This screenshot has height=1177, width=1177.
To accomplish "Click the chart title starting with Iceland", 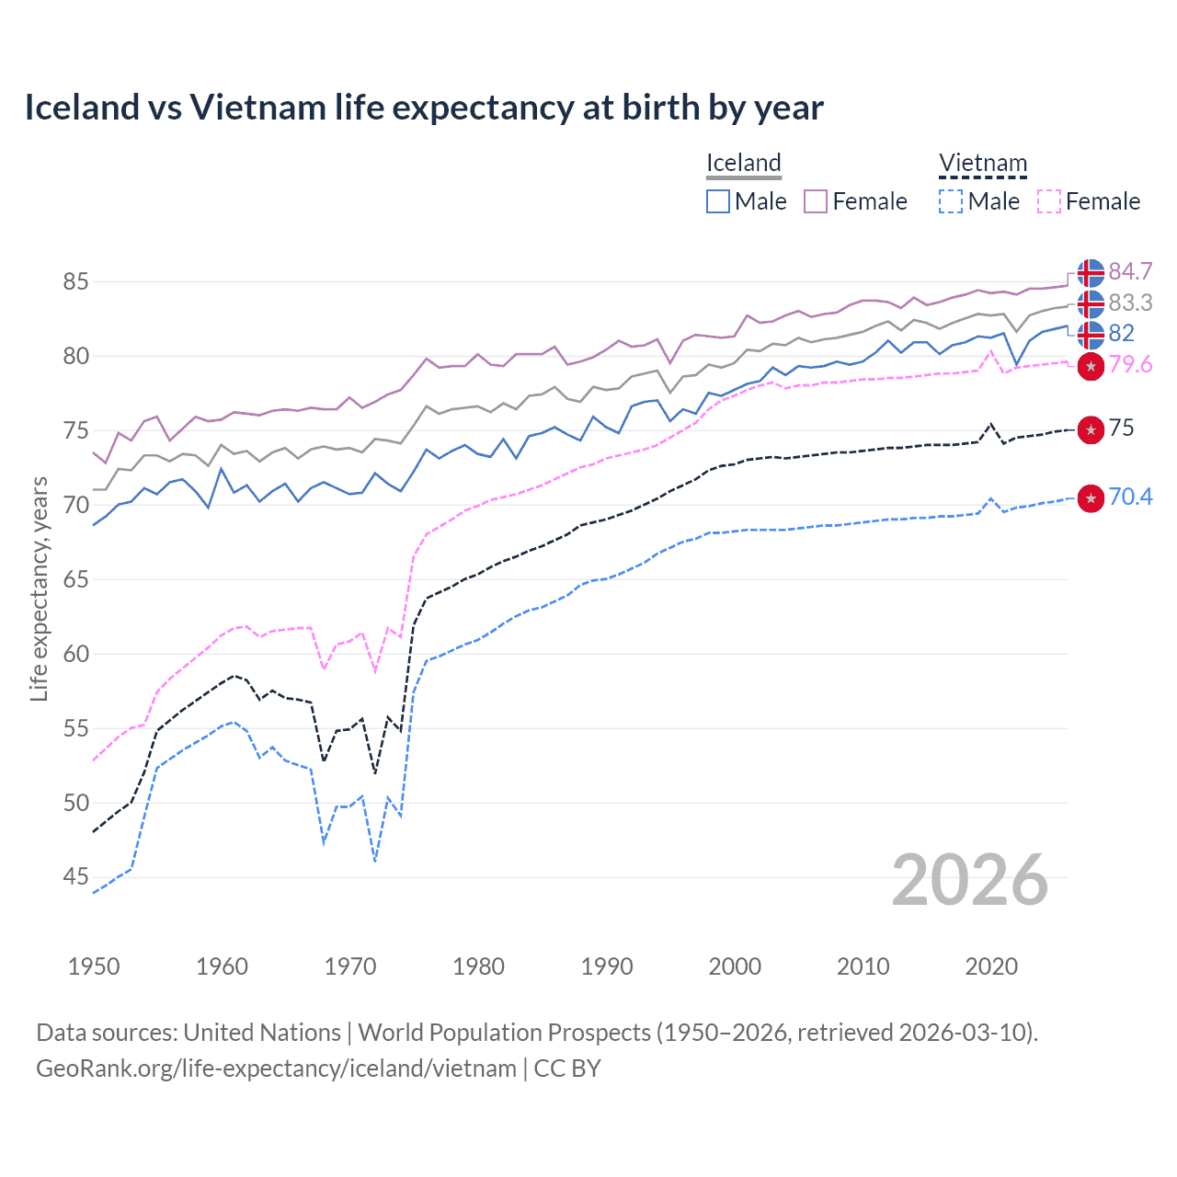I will [x=424, y=108].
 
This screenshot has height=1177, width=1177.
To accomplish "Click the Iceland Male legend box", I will [x=718, y=201].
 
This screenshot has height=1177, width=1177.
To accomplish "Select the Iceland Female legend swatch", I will [x=816, y=201].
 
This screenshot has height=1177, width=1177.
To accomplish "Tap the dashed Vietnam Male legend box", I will [x=951, y=201].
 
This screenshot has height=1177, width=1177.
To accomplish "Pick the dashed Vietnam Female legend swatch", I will [x=1049, y=201].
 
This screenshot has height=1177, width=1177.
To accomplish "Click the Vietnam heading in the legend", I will [x=982, y=164].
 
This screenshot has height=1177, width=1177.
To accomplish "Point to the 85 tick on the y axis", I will [x=75, y=281].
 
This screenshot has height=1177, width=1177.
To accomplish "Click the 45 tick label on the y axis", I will [x=75, y=877].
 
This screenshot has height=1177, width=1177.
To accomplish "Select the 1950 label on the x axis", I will [x=94, y=966].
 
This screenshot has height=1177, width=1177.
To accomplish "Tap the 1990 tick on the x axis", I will [x=607, y=966].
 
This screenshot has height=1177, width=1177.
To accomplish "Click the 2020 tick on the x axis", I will [x=991, y=966].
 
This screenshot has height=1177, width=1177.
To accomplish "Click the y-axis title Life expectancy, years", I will [x=39, y=588].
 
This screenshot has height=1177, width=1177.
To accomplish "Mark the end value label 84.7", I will [x=1130, y=272].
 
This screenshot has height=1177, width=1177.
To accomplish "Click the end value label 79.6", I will [x=1130, y=365].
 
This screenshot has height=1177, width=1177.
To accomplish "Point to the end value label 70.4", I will [x=1130, y=497].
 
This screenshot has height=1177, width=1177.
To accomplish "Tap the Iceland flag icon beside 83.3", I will [x=1091, y=303].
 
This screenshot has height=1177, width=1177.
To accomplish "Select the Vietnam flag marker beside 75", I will [x=1091, y=429].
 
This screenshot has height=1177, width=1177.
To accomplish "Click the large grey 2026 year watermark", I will [x=969, y=881].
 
